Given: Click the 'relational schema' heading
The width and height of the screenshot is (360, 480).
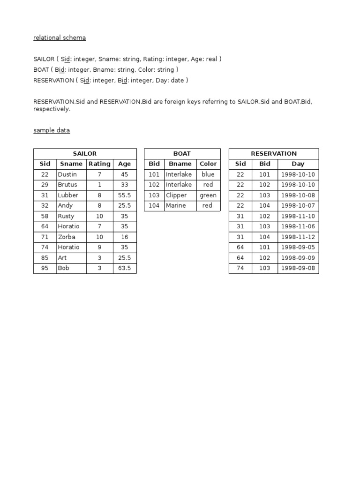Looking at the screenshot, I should (60, 37).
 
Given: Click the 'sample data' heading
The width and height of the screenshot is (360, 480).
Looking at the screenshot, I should (52, 130).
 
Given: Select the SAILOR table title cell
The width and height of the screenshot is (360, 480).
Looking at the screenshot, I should (85, 153).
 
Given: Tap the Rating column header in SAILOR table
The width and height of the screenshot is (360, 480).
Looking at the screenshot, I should (99, 164).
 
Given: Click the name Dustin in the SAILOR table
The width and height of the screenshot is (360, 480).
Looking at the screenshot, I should (67, 174).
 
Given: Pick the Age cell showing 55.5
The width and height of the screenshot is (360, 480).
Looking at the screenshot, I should (124, 195).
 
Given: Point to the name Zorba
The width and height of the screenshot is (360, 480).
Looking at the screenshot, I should (67, 237).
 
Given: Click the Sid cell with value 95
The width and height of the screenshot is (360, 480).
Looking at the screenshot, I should (45, 268).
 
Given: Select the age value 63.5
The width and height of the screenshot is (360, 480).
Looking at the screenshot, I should (124, 268).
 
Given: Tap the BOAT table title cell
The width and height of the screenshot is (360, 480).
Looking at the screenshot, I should (182, 153).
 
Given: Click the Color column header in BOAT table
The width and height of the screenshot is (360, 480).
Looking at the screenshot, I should (208, 164).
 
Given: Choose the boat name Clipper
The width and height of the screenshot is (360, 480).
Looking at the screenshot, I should (176, 195).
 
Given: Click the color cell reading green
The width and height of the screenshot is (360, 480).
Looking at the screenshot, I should (208, 195).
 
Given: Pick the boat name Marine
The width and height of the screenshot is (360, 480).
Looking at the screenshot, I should (176, 205).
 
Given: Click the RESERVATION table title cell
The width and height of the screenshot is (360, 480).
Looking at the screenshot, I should (274, 153).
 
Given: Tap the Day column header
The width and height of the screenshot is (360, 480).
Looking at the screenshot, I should (298, 164).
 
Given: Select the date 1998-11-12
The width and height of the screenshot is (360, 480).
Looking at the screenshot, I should (298, 237).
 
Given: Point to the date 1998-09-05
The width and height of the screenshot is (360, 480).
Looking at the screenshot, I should (298, 247).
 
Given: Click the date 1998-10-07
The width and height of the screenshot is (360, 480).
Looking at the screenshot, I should (298, 205).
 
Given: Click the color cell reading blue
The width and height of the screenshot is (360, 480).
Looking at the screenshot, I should (208, 174).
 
